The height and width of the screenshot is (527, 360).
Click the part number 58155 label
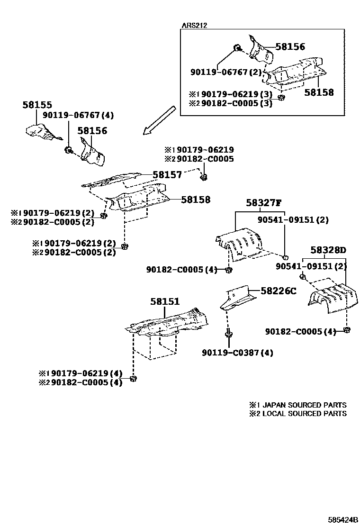37,105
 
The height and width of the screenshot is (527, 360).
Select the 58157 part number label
167,175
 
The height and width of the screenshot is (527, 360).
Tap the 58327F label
263,204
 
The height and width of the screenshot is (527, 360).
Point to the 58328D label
328,250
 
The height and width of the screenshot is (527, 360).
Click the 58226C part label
278,291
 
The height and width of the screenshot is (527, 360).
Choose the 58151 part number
165,301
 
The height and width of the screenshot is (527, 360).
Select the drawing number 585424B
340,520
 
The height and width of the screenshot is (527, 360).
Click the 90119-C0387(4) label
237,353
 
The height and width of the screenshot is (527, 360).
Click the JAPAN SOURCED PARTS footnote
298,405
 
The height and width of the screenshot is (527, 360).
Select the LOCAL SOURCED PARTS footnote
298,414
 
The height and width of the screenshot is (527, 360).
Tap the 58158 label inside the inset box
319,92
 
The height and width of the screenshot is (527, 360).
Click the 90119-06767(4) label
78,115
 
